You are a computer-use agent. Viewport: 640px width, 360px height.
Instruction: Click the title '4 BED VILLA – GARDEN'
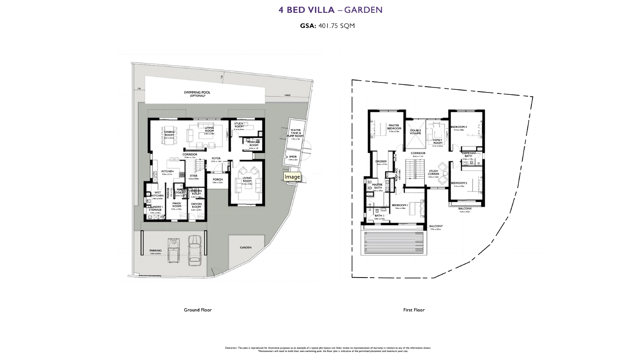tap(330, 10)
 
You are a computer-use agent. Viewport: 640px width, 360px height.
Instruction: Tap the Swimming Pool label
tap(197, 93)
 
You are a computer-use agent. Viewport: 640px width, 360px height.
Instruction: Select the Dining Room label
tap(169, 133)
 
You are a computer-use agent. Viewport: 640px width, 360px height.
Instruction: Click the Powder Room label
tap(254, 144)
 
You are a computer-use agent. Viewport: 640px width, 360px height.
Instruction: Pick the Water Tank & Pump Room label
tap(295, 133)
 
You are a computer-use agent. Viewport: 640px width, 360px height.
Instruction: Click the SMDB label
tap(293, 157)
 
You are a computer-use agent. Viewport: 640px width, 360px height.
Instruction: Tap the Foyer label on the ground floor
tap(216, 159)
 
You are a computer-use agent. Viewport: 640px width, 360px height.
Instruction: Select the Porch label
tap(217, 180)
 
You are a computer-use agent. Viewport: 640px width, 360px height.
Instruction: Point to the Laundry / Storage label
tap(155, 208)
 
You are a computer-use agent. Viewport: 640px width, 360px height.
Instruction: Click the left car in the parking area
tap(174, 250)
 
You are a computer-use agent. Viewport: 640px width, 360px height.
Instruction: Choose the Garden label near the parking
tap(246, 247)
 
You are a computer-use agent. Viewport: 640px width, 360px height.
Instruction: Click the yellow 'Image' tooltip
tap(292, 177)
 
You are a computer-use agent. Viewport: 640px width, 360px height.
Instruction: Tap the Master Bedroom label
tap(394, 127)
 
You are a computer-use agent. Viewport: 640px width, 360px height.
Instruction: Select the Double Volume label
tap(415, 132)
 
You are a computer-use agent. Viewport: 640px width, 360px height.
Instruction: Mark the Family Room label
tap(438, 142)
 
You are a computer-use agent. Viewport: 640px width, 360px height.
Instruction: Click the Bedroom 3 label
tap(459, 127)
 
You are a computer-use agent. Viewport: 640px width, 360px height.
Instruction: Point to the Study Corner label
tap(434, 173)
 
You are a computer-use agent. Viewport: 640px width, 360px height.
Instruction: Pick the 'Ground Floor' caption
tap(198, 310)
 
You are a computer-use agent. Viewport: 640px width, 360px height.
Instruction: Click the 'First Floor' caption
tap(414, 310)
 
